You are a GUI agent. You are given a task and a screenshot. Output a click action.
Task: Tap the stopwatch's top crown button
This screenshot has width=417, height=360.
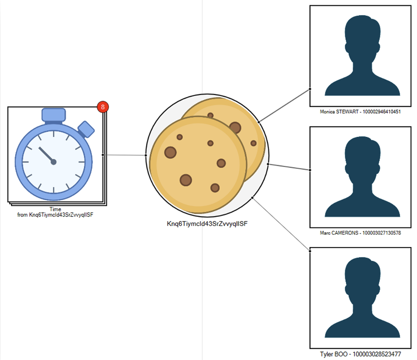(x=53, y=114)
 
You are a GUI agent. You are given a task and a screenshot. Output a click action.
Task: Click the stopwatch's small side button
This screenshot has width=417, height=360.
(x=86, y=129)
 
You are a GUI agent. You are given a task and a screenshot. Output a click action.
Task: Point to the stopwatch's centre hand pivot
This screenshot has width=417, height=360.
(x=53, y=162)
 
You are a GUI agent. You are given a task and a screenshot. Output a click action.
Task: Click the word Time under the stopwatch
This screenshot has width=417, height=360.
(x=55, y=209)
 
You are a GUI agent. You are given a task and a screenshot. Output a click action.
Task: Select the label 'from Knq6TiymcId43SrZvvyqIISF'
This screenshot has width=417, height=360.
(x=55, y=215)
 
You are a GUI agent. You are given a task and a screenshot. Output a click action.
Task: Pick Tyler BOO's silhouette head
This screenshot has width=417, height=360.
(x=361, y=274)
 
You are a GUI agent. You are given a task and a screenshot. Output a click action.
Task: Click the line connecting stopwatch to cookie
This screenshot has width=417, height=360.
(x=125, y=155)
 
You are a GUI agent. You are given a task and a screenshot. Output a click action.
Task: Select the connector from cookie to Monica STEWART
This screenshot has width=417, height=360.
(x=284, y=105)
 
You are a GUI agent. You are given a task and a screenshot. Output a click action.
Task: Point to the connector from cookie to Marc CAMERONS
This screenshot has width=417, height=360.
(x=289, y=167)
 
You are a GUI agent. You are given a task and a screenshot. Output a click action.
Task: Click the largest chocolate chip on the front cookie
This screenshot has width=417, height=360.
(x=170, y=153)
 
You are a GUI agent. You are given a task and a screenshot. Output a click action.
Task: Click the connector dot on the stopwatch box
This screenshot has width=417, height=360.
(x=104, y=154)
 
